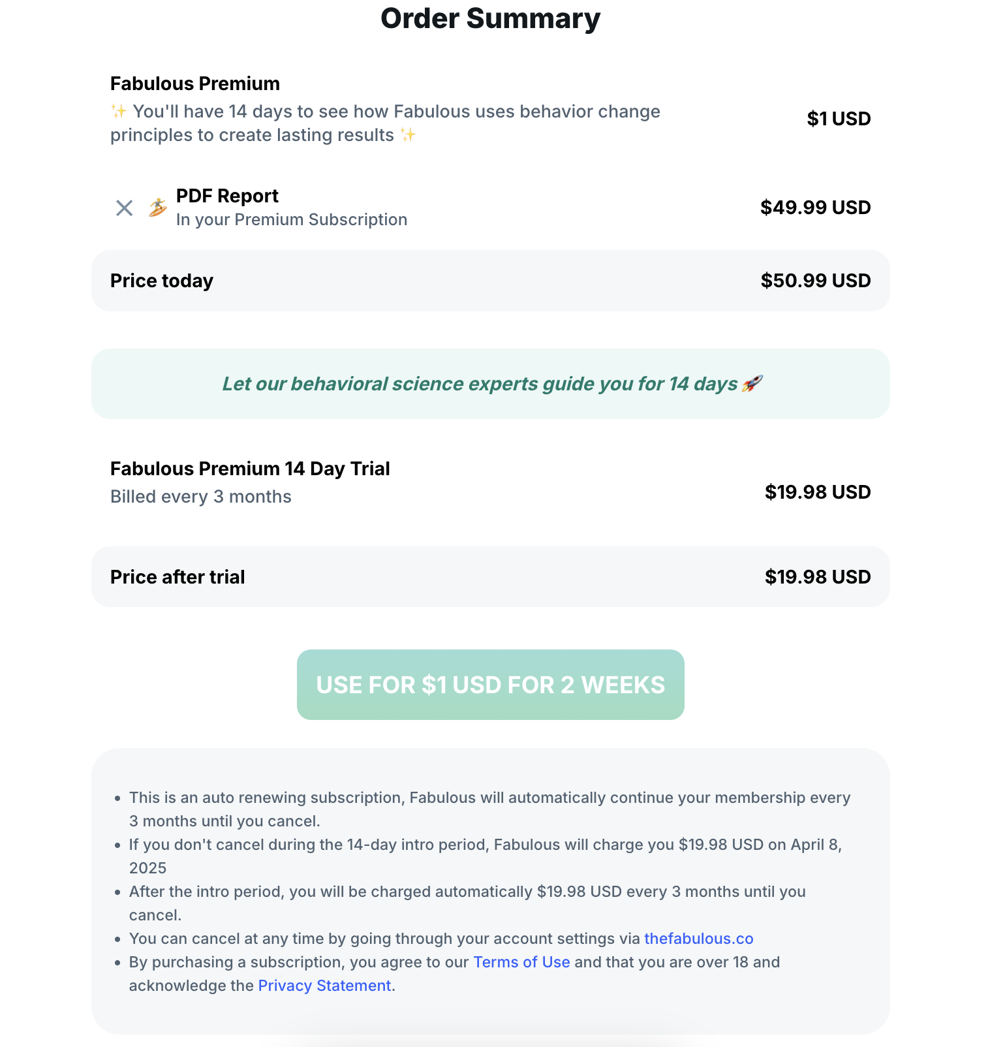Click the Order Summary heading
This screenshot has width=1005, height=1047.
pyautogui.click(x=490, y=18)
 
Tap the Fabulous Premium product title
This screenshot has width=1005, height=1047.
pyautogui.click(x=194, y=84)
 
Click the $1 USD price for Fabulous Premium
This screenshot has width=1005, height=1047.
pyautogui.click(x=839, y=119)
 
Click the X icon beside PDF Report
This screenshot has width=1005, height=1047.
pyautogui.click(x=124, y=208)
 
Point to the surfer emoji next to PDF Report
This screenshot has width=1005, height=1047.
pyautogui.click(x=157, y=208)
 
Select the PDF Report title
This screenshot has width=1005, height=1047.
pyautogui.click(x=227, y=196)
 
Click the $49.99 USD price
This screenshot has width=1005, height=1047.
pyautogui.click(x=815, y=208)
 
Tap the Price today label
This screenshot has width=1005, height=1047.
pyautogui.click(x=161, y=281)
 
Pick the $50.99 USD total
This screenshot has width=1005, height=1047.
pyautogui.click(x=815, y=281)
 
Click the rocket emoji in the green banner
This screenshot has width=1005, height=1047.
pyautogui.click(x=751, y=384)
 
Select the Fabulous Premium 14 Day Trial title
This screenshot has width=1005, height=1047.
pyautogui.click(x=250, y=469)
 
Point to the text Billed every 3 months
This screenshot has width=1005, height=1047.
pyautogui.click(x=200, y=497)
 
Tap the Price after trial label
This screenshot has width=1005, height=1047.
pyautogui.click(x=177, y=577)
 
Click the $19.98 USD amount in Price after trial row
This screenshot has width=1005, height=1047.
pyautogui.click(x=817, y=577)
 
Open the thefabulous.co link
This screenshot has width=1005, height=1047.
pyautogui.click(x=698, y=939)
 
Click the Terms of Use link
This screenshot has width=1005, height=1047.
pyautogui.click(x=521, y=962)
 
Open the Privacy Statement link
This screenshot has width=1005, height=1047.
pyautogui.click(x=324, y=986)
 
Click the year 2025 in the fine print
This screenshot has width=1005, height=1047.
pyautogui.click(x=147, y=868)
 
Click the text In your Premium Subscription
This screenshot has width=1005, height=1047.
pyautogui.click(x=291, y=220)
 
